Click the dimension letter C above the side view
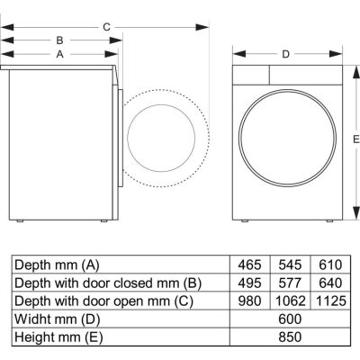(x=106, y=27)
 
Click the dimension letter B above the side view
(x=59, y=40)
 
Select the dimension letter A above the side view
(x=59, y=54)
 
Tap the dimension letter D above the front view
(x=285, y=54)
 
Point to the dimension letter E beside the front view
(x=355, y=138)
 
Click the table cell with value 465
(x=250, y=265)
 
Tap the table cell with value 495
(x=250, y=283)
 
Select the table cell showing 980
(x=250, y=301)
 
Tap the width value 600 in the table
(x=289, y=319)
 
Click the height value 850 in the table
(x=289, y=337)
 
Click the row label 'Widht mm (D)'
(x=55, y=319)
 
